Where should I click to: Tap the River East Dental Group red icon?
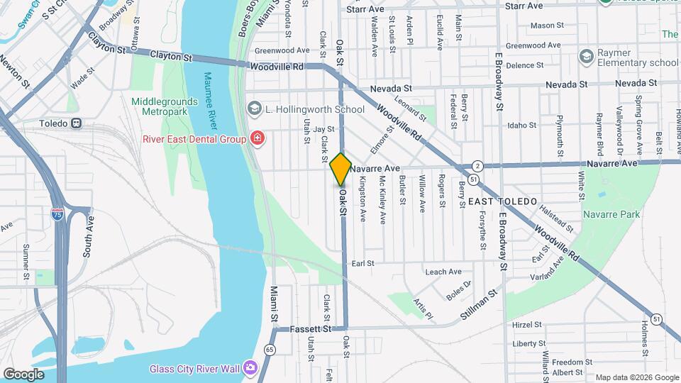coord(258,138)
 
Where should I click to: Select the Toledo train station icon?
coord(77,123)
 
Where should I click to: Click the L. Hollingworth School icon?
coord(254,109)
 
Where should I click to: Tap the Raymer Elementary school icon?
coord(586,55)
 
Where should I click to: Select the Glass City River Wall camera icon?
coord(249,368)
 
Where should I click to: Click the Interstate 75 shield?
coord(57,213)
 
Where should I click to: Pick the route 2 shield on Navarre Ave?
coord(479,165)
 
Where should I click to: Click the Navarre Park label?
coord(611,214)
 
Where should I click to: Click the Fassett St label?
coord(311,329)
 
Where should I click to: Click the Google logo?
coord(23,374)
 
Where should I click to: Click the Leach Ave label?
coord(443,272)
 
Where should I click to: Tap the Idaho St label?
coord(522,126)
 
